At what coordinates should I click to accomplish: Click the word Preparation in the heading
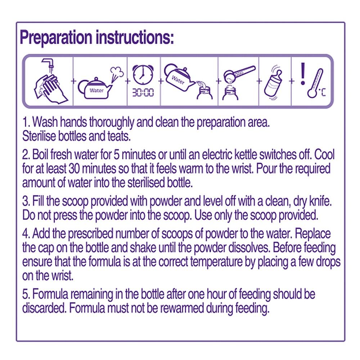(56, 38)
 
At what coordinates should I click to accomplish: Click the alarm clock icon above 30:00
(143, 75)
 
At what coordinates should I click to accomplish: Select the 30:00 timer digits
(143, 93)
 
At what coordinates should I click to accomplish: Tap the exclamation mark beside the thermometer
(303, 74)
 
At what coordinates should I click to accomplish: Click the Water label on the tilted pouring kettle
(178, 80)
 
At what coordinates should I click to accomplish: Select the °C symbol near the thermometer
(322, 92)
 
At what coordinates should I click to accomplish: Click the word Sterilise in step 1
(39, 136)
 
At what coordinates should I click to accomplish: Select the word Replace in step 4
(313, 234)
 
